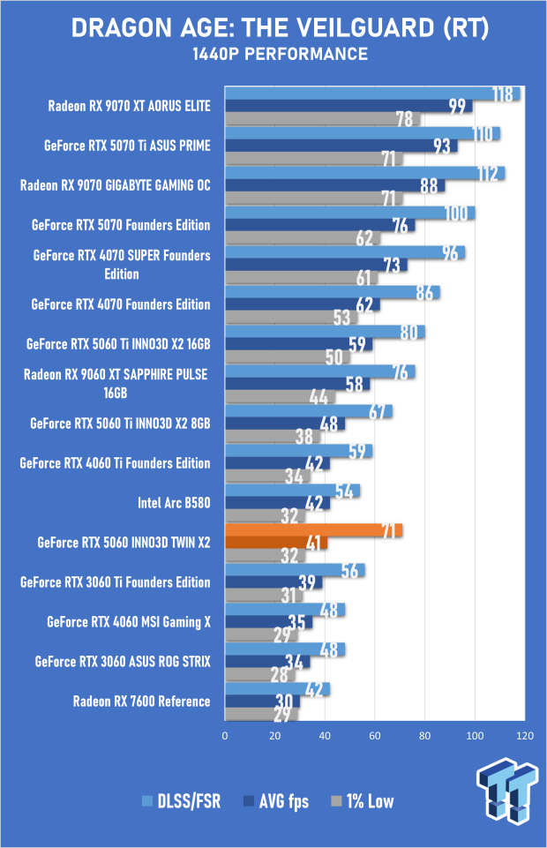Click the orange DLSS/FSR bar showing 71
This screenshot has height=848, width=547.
[x=313, y=529]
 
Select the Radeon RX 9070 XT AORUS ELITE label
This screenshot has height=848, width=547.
[x=130, y=106]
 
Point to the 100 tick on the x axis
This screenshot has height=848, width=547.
[x=476, y=735]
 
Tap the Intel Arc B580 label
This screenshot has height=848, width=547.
[x=174, y=503]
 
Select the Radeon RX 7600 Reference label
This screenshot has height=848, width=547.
[x=142, y=702]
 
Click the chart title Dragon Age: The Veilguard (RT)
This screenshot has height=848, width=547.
[x=273, y=28]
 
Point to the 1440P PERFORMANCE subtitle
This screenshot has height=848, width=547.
[x=273, y=55]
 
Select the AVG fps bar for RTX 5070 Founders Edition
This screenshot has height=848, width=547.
[x=319, y=225]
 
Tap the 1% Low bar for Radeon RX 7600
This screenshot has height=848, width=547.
[x=261, y=714]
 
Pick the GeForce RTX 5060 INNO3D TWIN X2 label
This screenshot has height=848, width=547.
[x=124, y=543]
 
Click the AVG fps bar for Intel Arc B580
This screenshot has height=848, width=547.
[x=277, y=503]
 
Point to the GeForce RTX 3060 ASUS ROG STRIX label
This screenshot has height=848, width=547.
[x=123, y=662]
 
